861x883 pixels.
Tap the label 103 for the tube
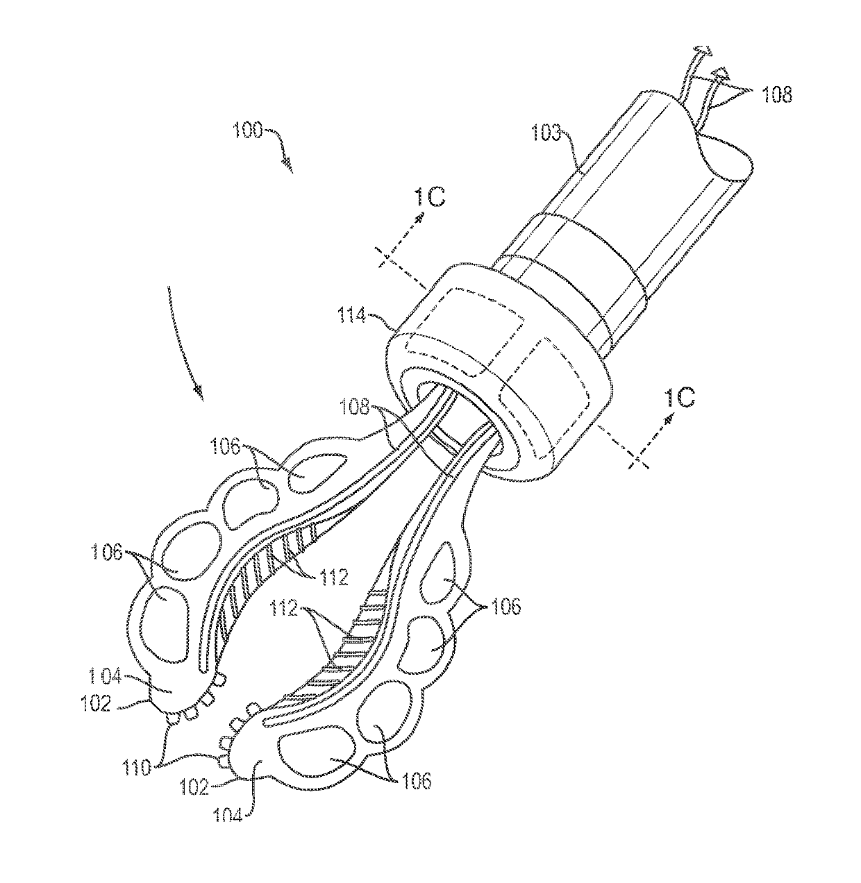tap(548, 131)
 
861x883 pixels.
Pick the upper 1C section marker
tap(430, 198)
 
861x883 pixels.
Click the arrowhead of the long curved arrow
tap(199, 396)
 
